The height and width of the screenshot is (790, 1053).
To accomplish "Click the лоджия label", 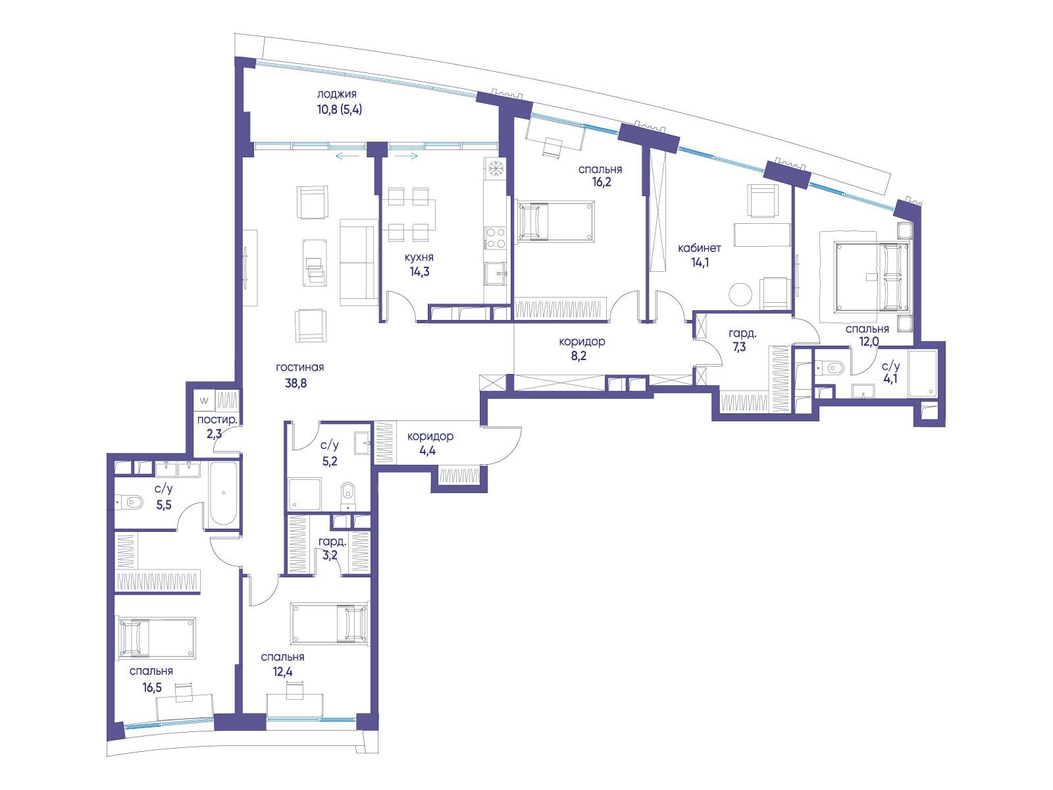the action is click(x=336, y=94).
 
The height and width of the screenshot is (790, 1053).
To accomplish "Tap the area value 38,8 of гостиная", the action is click(x=295, y=383).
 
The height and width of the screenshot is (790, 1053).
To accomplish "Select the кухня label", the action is click(x=419, y=257).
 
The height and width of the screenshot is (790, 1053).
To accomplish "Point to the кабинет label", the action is click(x=700, y=248).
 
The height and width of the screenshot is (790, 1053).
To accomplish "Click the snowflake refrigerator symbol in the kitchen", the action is click(x=495, y=169).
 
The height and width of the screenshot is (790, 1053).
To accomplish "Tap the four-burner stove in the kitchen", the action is click(x=495, y=238).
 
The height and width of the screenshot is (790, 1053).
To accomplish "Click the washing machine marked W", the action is click(x=205, y=400).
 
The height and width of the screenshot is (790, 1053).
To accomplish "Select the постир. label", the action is click(x=217, y=420).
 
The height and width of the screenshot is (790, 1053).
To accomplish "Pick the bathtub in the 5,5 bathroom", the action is click(x=223, y=493).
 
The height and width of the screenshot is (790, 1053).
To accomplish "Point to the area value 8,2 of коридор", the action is click(x=578, y=356).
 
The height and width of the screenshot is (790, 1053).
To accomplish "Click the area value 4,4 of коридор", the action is click(x=427, y=450).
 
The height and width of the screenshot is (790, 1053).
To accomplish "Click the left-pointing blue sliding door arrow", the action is click(x=347, y=155).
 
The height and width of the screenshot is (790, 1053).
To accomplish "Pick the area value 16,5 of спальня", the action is click(x=151, y=687).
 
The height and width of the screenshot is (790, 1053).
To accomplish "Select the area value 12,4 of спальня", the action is click(x=282, y=671).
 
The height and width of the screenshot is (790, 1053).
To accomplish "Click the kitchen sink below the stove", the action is click(x=495, y=274).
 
